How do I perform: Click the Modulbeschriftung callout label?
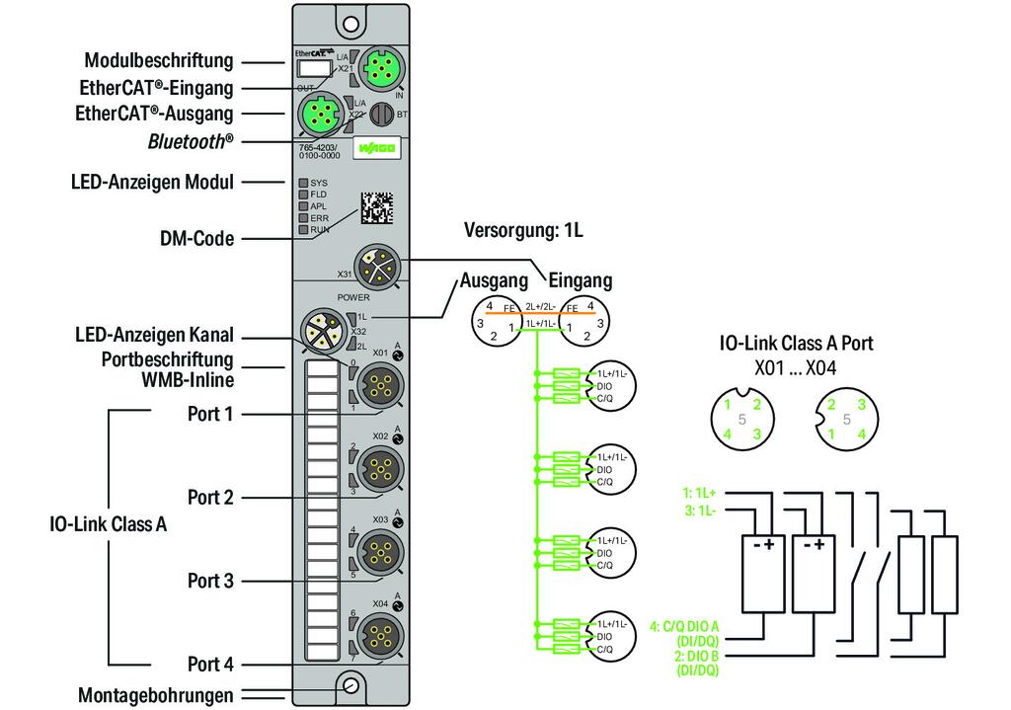pyautogui.click(x=159, y=60)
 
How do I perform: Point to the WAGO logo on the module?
pyautogui.click(x=379, y=149)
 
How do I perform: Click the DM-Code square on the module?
pyautogui.click(x=375, y=207)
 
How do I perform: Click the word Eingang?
pyautogui.click(x=580, y=280)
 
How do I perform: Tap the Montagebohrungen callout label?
pyautogui.click(x=156, y=695)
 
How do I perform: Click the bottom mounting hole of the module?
pyautogui.click(x=350, y=686)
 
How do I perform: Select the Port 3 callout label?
pyautogui.click(x=210, y=581)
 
